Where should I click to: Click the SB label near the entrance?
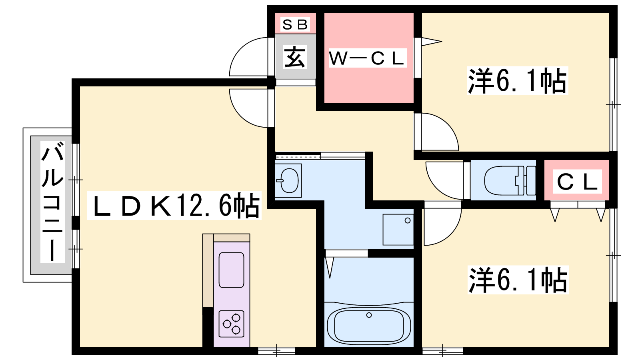(x=295, y=24)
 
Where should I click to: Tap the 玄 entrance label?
(x=295, y=57)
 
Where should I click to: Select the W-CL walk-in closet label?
(x=368, y=58)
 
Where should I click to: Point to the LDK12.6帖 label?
(x=174, y=206)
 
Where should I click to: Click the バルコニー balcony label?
(x=52, y=202)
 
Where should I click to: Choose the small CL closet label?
(x=578, y=182)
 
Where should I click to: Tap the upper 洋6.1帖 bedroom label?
(x=517, y=81)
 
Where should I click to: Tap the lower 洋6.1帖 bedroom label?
(x=518, y=280)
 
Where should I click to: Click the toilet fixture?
(x=510, y=181)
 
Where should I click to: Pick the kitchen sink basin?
(x=232, y=270)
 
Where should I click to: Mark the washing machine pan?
(x=398, y=230)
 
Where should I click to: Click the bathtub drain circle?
(x=369, y=315)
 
